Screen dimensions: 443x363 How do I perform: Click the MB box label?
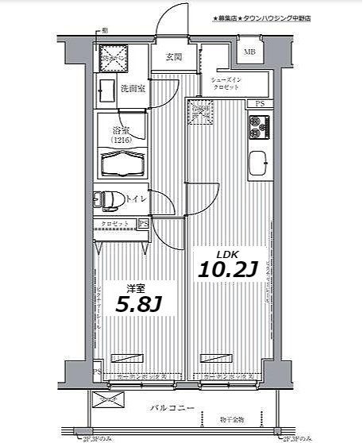coord(249,52)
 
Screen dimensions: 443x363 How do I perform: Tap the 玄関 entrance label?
coord(174,57)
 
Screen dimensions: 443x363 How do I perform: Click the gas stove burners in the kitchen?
coord(259,124)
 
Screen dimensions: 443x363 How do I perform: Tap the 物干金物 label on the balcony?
coord(234,419)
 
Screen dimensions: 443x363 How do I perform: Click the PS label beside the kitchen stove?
coord(260,104)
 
